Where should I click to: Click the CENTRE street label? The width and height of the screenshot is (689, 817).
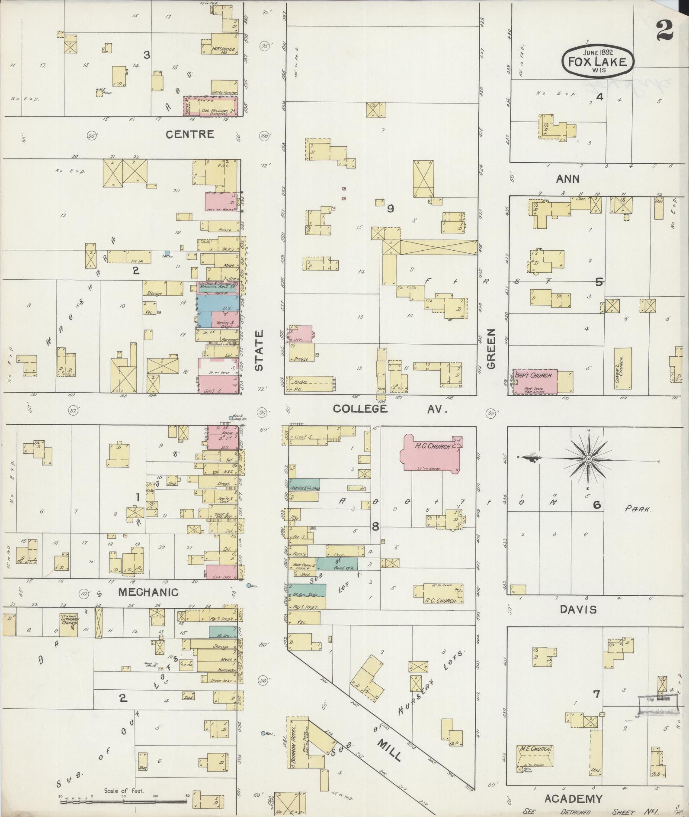[x=190, y=134]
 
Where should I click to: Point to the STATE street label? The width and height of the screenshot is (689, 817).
[x=259, y=350]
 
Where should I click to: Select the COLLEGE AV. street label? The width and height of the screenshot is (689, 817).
[x=389, y=409]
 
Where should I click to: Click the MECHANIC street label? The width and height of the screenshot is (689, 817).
[x=148, y=592]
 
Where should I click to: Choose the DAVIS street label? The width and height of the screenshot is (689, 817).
[x=578, y=609]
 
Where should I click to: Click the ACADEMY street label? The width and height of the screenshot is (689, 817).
[x=573, y=798]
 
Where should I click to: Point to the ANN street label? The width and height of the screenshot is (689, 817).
[x=567, y=179]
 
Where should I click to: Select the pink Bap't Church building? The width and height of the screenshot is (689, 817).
[x=535, y=381]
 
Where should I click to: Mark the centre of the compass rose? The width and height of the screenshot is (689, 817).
[x=589, y=459]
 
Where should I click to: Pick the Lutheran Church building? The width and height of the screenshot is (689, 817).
[x=69, y=624]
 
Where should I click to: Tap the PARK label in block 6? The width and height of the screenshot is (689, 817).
[x=638, y=510]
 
